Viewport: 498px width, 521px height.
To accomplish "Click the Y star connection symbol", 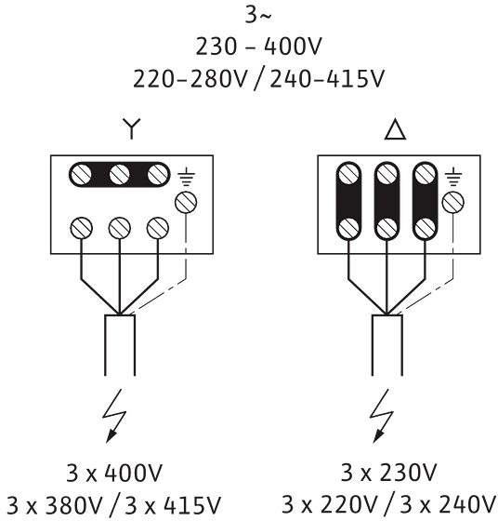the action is click(x=132, y=128).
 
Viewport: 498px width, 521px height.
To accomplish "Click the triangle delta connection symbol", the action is click(x=395, y=129).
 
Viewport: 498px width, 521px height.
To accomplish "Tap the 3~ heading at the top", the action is click(x=257, y=15).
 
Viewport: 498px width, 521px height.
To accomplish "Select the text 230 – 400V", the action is click(x=258, y=47).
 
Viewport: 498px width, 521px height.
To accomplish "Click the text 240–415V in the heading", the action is click(x=327, y=79).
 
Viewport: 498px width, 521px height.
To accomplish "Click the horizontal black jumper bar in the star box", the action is click(x=120, y=175).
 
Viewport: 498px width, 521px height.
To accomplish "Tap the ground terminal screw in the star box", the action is click(x=186, y=203).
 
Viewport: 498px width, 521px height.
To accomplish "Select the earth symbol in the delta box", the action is click(x=453, y=177).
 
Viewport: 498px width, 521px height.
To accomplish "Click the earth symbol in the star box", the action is click(x=186, y=177).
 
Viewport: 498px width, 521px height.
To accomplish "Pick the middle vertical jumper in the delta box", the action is click(x=387, y=201).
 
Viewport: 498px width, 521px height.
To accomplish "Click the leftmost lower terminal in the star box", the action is click(x=81, y=228).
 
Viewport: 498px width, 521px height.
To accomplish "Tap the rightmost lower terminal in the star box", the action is click(x=158, y=228).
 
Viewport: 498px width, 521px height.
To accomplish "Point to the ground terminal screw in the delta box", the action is click(x=453, y=203).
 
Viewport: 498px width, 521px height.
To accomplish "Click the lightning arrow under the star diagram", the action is click(x=114, y=416).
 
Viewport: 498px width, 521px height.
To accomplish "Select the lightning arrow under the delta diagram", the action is click(x=382, y=416).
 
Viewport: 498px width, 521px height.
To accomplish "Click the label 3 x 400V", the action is click(x=114, y=474).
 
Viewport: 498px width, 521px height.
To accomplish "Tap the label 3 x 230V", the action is click(x=389, y=473).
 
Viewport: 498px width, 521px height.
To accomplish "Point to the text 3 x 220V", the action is click(x=330, y=504).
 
